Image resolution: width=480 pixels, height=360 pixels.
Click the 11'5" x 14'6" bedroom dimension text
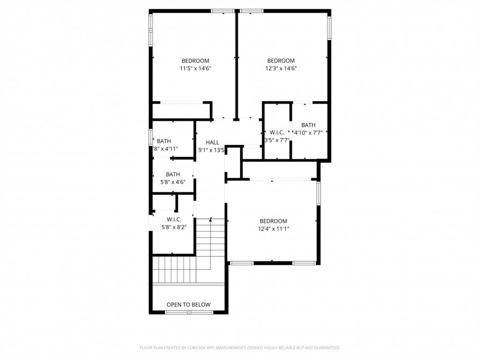coord(195,68)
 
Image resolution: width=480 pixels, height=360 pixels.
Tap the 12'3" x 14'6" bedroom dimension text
coord(281,68)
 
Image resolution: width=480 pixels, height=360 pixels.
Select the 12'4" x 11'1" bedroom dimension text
coord(273,229)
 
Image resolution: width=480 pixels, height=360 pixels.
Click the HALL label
coord(212,142)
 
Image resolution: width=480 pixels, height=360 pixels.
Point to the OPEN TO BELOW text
coord(188,305)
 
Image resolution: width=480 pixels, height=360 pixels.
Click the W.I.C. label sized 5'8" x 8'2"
coord(173,219)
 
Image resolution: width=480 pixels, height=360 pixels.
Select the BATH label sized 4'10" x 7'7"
coord(308,125)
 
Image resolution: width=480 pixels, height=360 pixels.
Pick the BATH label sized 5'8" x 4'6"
coord(172,174)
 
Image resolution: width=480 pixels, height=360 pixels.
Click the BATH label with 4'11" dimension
coord(164,141)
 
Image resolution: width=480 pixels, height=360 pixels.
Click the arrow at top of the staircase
coord(211,219)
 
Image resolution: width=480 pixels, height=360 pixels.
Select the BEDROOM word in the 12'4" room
coord(273,221)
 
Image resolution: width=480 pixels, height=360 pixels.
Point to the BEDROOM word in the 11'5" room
coord(195,61)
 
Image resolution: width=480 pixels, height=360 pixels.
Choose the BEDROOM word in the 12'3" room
coord(281,61)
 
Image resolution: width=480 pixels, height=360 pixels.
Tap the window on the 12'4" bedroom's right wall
coord(319,194)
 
